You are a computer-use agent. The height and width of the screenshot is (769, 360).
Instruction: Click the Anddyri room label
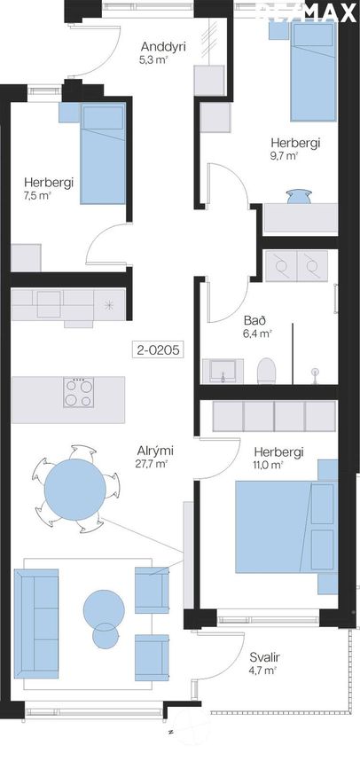[x=159, y=47]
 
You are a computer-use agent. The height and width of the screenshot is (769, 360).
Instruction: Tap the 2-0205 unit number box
[x=158, y=350]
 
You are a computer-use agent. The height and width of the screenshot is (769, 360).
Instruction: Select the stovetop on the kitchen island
[x=79, y=392]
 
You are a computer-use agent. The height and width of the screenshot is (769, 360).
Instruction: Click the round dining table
[x=75, y=490]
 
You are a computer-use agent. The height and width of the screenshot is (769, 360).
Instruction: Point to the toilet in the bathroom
[x=266, y=371]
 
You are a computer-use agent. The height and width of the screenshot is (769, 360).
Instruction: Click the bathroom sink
[x=223, y=371]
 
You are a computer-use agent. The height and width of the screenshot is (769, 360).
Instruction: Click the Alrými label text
[x=155, y=451]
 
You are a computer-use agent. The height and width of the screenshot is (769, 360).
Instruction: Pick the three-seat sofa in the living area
[x=36, y=624]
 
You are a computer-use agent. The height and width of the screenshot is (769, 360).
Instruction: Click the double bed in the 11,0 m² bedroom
[x=286, y=527]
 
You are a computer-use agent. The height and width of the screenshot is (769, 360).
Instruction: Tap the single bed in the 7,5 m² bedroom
[x=103, y=153]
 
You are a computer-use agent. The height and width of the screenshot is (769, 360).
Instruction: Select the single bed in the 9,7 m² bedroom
[x=313, y=72]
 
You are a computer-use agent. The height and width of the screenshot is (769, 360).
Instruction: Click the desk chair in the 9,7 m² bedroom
[x=299, y=196]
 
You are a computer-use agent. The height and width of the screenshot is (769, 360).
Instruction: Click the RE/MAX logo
[x=307, y=12]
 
